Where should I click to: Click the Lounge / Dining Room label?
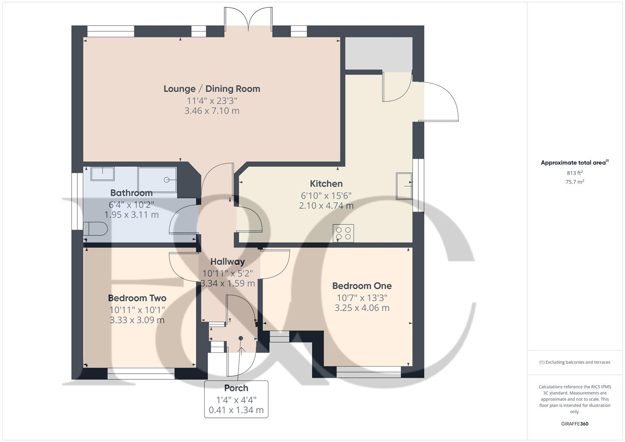(212, 89)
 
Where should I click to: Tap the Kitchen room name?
(326, 184)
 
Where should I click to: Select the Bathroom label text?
(131, 193)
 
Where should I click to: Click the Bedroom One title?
(362, 286)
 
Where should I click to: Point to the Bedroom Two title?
(137, 298)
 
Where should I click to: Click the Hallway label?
(228, 262)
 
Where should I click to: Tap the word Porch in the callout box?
(236, 388)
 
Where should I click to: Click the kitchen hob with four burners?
(343, 233)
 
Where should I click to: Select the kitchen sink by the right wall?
(404, 186)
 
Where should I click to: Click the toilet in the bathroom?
(96, 229)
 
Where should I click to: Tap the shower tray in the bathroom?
(158, 180)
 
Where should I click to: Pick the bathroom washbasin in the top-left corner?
(102, 174)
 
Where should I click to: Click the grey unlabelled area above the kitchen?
(379, 54)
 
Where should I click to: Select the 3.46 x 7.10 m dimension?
(212, 111)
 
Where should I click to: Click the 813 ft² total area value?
(575, 173)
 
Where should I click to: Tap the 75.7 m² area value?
(575, 182)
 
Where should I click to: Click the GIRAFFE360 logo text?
(575, 424)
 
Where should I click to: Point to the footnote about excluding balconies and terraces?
(575, 362)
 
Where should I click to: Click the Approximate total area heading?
(574, 163)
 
